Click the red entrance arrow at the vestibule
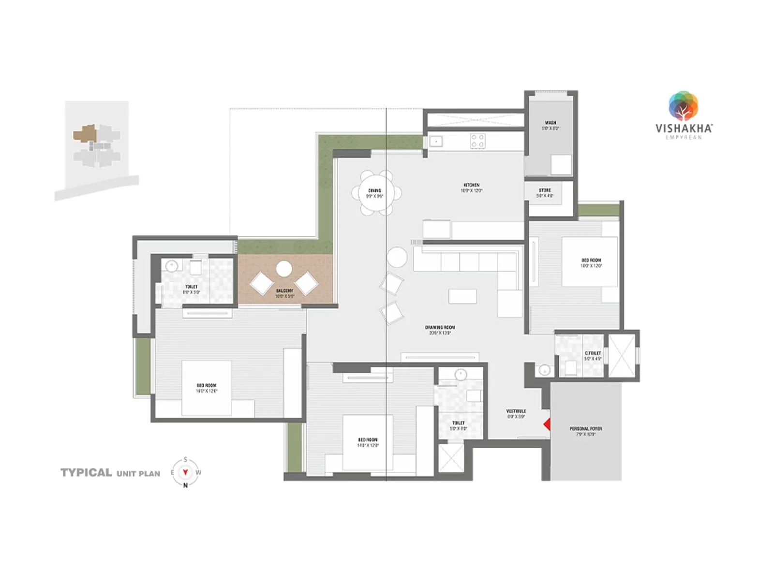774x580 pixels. [x=547, y=424]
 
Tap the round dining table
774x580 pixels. [x=375, y=193]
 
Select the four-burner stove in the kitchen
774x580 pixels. [x=477, y=141]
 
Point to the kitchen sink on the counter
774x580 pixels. [x=436, y=142]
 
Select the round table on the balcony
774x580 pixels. [x=284, y=269]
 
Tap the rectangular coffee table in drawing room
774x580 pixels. [x=462, y=296]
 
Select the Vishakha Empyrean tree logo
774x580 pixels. [x=683, y=105]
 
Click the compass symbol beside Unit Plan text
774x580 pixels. [x=185, y=473]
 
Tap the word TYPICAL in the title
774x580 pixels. [x=86, y=473]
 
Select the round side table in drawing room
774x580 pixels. [x=397, y=257]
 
